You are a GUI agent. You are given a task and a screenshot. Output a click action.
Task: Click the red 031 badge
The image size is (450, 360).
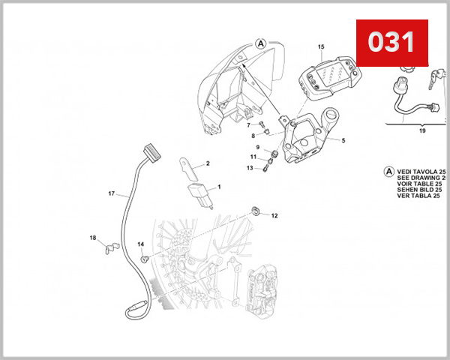(391, 42)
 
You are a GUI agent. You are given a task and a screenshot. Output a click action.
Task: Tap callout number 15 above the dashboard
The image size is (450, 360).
(321, 47)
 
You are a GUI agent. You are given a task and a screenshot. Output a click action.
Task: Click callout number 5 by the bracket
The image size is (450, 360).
(343, 140)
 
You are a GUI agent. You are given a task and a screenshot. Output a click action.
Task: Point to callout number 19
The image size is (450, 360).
(421, 130)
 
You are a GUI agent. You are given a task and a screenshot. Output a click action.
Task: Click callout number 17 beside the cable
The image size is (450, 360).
(111, 194)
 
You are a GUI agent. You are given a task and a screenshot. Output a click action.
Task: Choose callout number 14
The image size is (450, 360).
(140, 244)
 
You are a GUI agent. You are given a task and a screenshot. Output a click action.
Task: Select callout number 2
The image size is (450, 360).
(208, 163)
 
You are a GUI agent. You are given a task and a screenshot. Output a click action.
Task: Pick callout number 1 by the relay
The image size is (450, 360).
(219, 186)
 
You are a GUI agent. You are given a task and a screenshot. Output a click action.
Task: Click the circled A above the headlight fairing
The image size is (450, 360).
(260, 43)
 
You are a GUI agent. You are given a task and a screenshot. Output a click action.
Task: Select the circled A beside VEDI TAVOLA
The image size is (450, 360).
(388, 171)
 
